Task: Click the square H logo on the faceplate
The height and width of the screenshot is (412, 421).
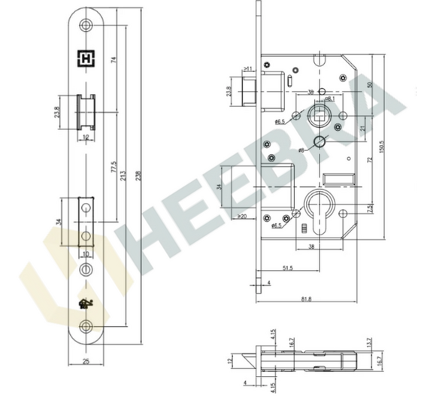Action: [x=85, y=57]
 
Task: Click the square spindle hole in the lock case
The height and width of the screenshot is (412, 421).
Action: [x=317, y=117]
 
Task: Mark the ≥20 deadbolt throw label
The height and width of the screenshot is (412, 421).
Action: [x=242, y=217]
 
